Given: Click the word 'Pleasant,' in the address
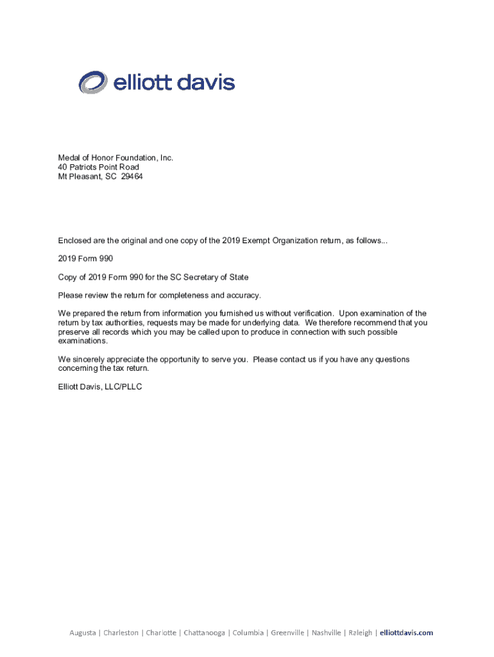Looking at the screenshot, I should [x=85, y=176].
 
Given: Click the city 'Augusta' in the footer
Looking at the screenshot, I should [x=82, y=633].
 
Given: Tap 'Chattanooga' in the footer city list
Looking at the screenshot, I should [x=204, y=633].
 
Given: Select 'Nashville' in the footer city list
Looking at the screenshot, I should [x=327, y=633].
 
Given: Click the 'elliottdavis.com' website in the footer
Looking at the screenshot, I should [x=406, y=633].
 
